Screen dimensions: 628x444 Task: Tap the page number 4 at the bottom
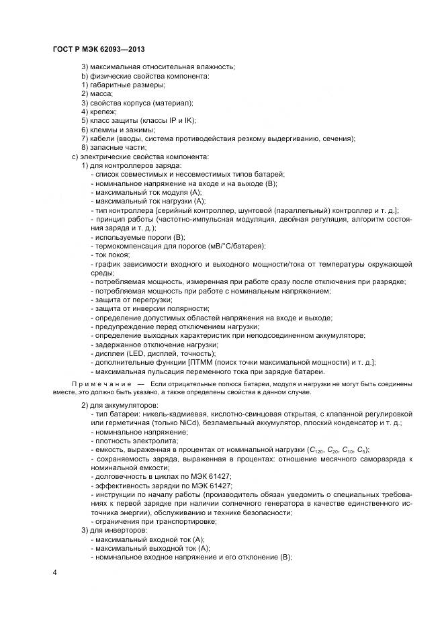point(54,572)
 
